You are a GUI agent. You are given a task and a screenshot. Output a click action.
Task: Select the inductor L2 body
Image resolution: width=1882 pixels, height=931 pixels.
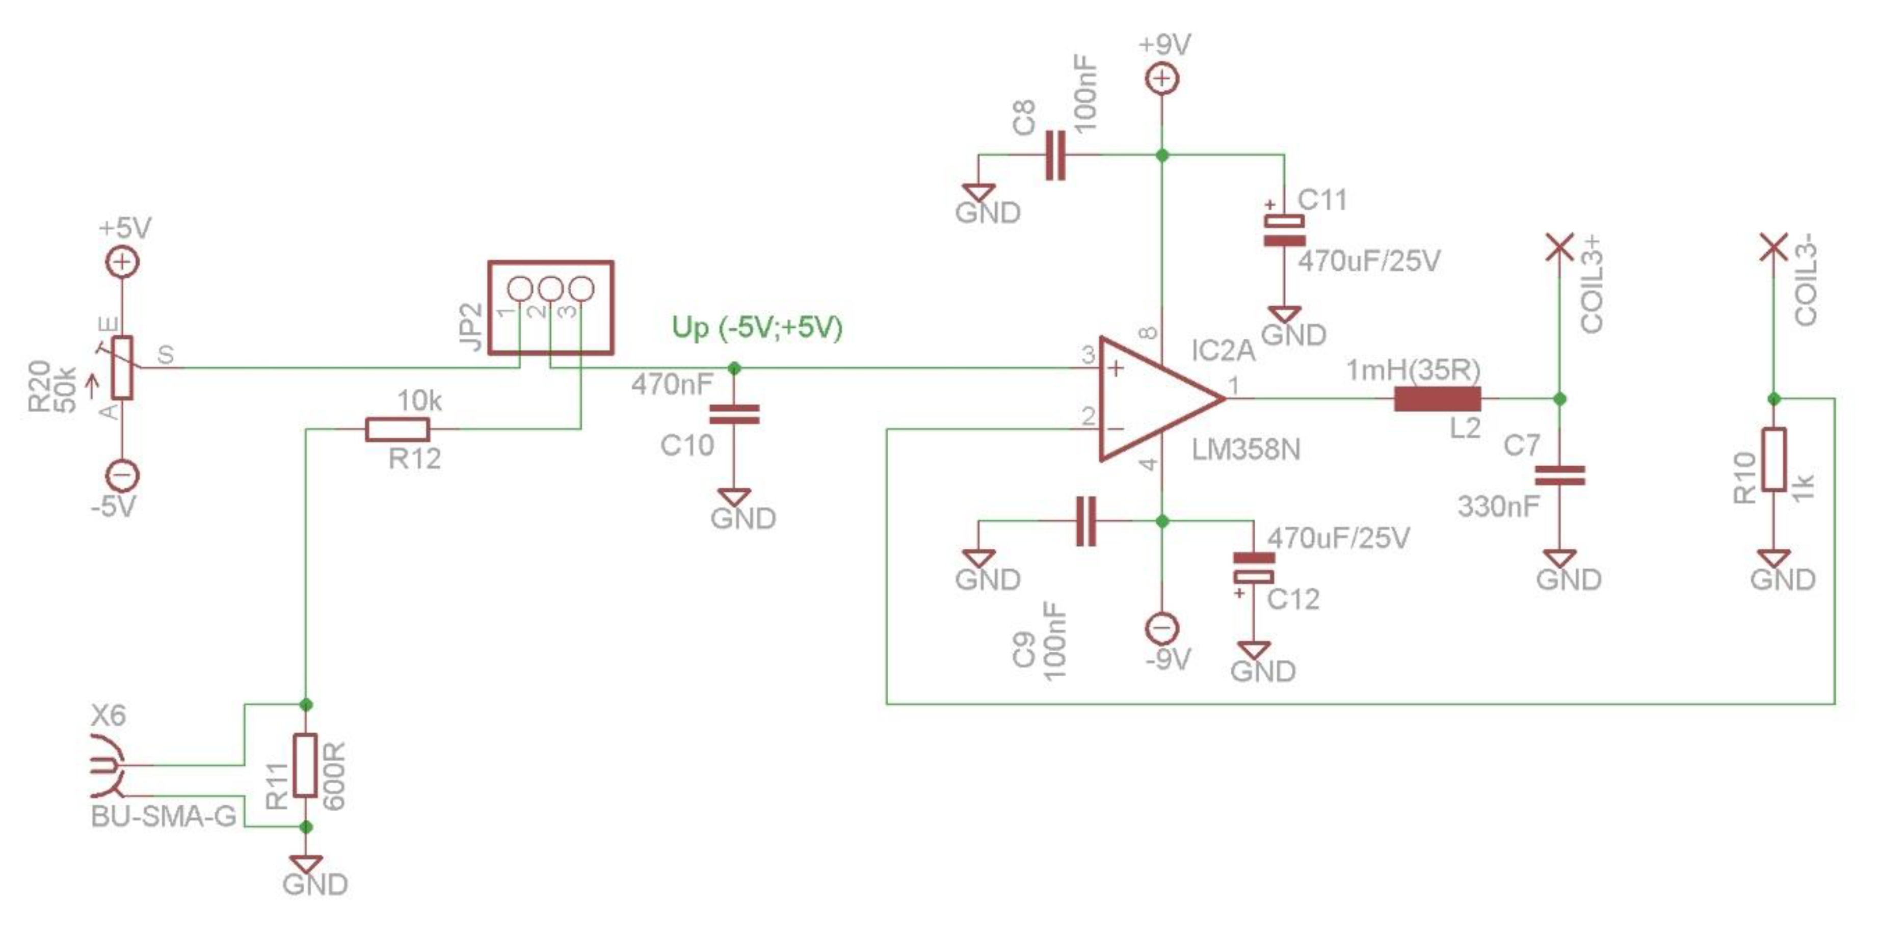[x=1437, y=399]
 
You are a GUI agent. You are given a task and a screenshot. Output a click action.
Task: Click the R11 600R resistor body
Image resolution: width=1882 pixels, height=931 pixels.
[x=305, y=765]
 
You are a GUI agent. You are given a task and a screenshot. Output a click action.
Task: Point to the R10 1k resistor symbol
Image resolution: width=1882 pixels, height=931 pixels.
[x=1773, y=460]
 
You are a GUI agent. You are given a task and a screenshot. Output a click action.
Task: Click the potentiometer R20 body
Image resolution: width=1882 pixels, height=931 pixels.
[x=123, y=367]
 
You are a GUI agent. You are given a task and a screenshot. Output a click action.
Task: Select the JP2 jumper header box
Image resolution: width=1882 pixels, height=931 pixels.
[x=550, y=307]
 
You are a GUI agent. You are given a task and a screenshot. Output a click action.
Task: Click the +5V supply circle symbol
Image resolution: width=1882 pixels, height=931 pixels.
[x=123, y=261]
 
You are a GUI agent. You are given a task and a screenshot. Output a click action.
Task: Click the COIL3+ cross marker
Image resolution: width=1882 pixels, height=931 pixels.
[x=1560, y=247]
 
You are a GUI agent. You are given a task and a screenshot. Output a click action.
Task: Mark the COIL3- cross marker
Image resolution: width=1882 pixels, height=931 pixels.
[x=1773, y=247]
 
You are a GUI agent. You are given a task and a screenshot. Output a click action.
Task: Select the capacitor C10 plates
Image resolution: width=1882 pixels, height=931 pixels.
[x=734, y=414]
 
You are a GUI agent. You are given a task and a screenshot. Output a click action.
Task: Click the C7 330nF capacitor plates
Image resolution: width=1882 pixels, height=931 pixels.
[x=1560, y=476]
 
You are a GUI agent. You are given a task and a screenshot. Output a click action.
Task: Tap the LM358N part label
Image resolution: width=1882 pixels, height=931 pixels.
[x=1245, y=449]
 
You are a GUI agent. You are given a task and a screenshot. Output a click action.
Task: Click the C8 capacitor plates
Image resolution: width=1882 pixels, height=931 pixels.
[x=1055, y=155]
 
